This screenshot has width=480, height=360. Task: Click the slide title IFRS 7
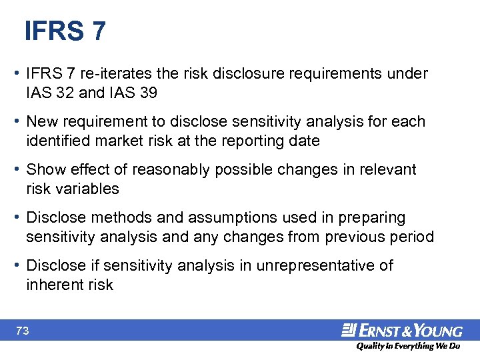pos(65,31)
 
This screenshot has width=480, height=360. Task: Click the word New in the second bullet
pos(41,122)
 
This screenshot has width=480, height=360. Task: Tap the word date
pos(305,141)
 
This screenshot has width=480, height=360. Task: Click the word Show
pos(44,170)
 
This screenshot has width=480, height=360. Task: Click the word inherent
pos(53,285)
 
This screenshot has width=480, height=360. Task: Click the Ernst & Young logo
pos(402,330)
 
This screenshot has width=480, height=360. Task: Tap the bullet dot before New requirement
pos(19,122)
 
